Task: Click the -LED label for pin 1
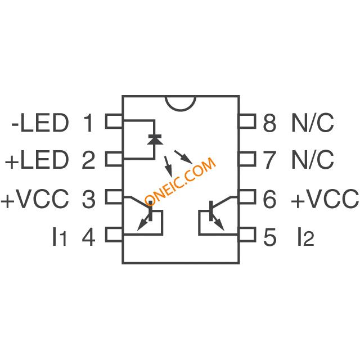pos(39,122)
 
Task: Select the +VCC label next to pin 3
pos(35,199)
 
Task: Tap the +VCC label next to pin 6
pos(325,199)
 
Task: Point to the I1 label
pos(59,237)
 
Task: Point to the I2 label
pos(304,237)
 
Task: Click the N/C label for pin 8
pos(312,122)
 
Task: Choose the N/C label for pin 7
pos(312,160)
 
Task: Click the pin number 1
pos(89,122)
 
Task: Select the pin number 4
pos(89,237)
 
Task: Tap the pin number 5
pos(270,237)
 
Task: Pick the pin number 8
pos(270,122)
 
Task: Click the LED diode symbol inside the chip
pos(153,137)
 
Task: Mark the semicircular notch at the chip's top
pos(181,102)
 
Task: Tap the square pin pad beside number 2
pos(115,160)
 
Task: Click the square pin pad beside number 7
pos(247,160)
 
